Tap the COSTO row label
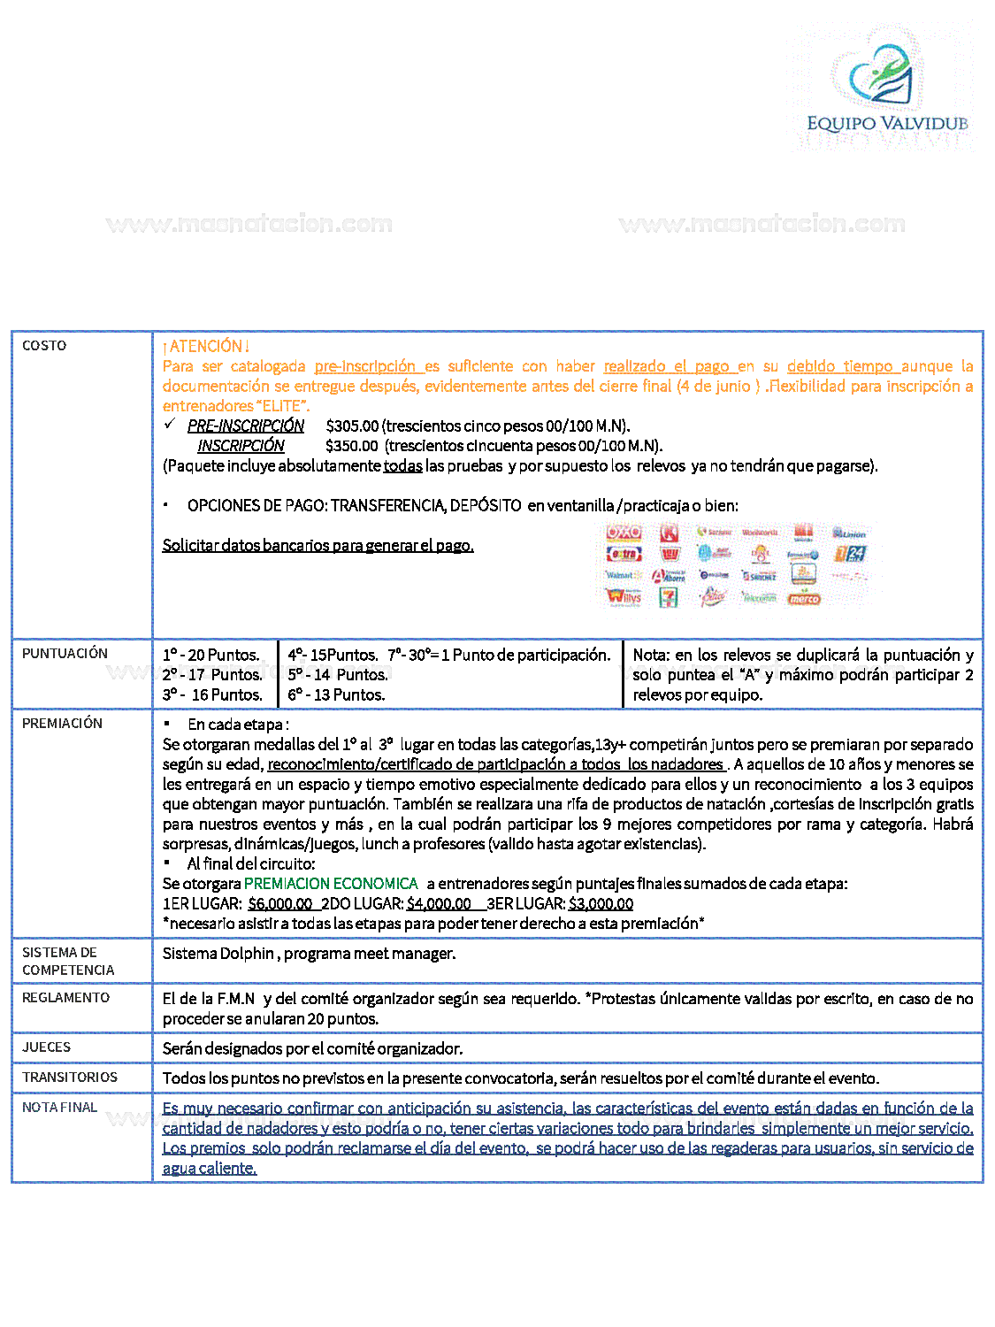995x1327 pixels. click(x=44, y=346)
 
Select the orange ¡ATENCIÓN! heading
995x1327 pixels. click(x=206, y=346)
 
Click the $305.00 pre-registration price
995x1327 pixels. click(x=352, y=426)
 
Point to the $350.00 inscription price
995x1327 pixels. click(x=352, y=446)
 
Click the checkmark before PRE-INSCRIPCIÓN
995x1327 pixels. click(x=171, y=425)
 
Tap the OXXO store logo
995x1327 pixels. click(x=624, y=533)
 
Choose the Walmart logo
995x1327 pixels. click(x=620, y=576)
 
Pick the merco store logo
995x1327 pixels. click(x=804, y=599)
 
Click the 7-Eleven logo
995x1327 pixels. click(x=670, y=597)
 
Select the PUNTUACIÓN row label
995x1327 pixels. click(x=65, y=654)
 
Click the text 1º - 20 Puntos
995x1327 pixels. click(x=210, y=656)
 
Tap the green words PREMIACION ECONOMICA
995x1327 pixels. click(x=331, y=884)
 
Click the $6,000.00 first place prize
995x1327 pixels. click(x=280, y=904)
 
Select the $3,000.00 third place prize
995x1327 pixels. click(x=601, y=904)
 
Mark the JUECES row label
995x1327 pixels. click(x=46, y=1047)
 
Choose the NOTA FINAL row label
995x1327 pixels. click(x=59, y=1108)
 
